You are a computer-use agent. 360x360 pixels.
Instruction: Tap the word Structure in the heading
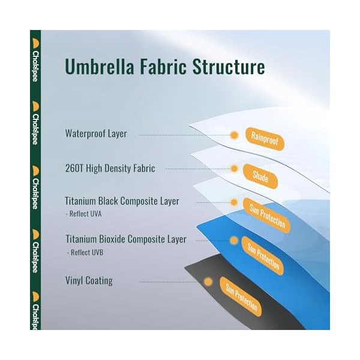pos(229,67)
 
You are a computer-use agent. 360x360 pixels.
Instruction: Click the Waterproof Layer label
pos(96,134)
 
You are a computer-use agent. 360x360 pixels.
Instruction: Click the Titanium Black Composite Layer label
pos(122,201)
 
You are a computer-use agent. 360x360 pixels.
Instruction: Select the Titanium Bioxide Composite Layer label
pos(125,239)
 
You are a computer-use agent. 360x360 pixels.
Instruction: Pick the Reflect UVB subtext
pos(87,253)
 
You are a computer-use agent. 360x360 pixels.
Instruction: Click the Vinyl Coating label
pos(89,280)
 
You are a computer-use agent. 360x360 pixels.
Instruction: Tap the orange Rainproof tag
pos(265,139)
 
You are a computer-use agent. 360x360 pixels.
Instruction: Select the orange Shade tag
pos(260,176)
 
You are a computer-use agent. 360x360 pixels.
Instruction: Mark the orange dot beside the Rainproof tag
pos(235,136)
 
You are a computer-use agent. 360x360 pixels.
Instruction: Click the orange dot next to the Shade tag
pos(235,169)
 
